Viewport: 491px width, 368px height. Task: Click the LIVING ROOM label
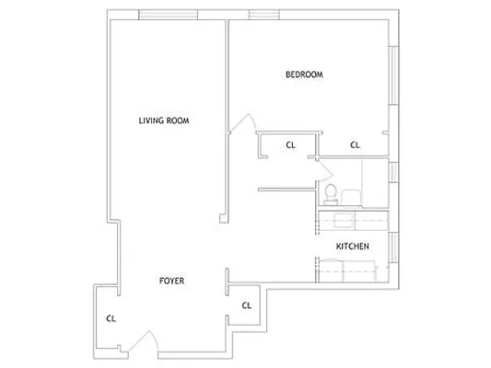[164, 121]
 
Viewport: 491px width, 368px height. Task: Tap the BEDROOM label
[303, 75]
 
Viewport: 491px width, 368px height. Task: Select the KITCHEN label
[352, 247]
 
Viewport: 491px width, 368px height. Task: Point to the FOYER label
[171, 281]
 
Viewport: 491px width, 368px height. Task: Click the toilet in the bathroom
[330, 193]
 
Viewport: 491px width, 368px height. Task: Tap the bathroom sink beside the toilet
[351, 196]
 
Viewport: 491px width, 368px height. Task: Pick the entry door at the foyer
[144, 342]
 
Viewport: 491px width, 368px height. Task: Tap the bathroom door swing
[324, 170]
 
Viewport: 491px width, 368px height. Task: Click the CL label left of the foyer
[110, 318]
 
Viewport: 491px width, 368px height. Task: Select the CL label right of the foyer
[246, 305]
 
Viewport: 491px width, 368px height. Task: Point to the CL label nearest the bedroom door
[290, 144]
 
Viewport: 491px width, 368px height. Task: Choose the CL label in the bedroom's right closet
[355, 144]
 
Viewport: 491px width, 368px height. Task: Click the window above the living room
[170, 15]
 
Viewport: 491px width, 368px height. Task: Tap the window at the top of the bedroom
[264, 15]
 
